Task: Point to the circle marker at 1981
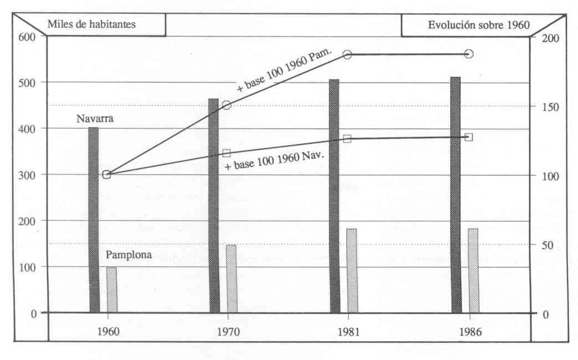[347, 54]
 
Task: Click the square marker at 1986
[469, 137]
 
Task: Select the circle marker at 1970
[227, 105]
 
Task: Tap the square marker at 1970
[227, 153]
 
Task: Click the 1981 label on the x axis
[347, 333]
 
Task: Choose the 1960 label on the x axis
[108, 333]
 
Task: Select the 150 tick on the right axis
[550, 107]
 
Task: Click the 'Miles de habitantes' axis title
[92, 24]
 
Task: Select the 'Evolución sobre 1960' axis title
[479, 24]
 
